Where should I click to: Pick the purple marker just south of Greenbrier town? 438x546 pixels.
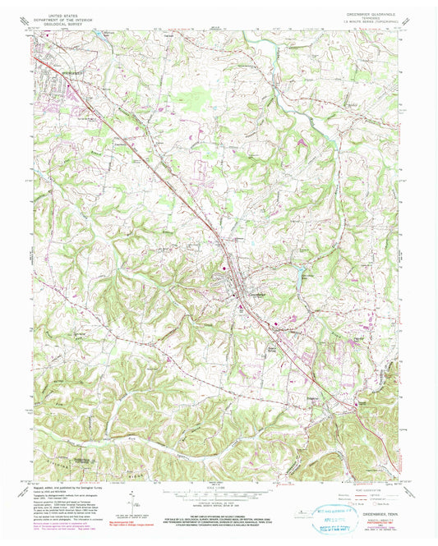(240, 309)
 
